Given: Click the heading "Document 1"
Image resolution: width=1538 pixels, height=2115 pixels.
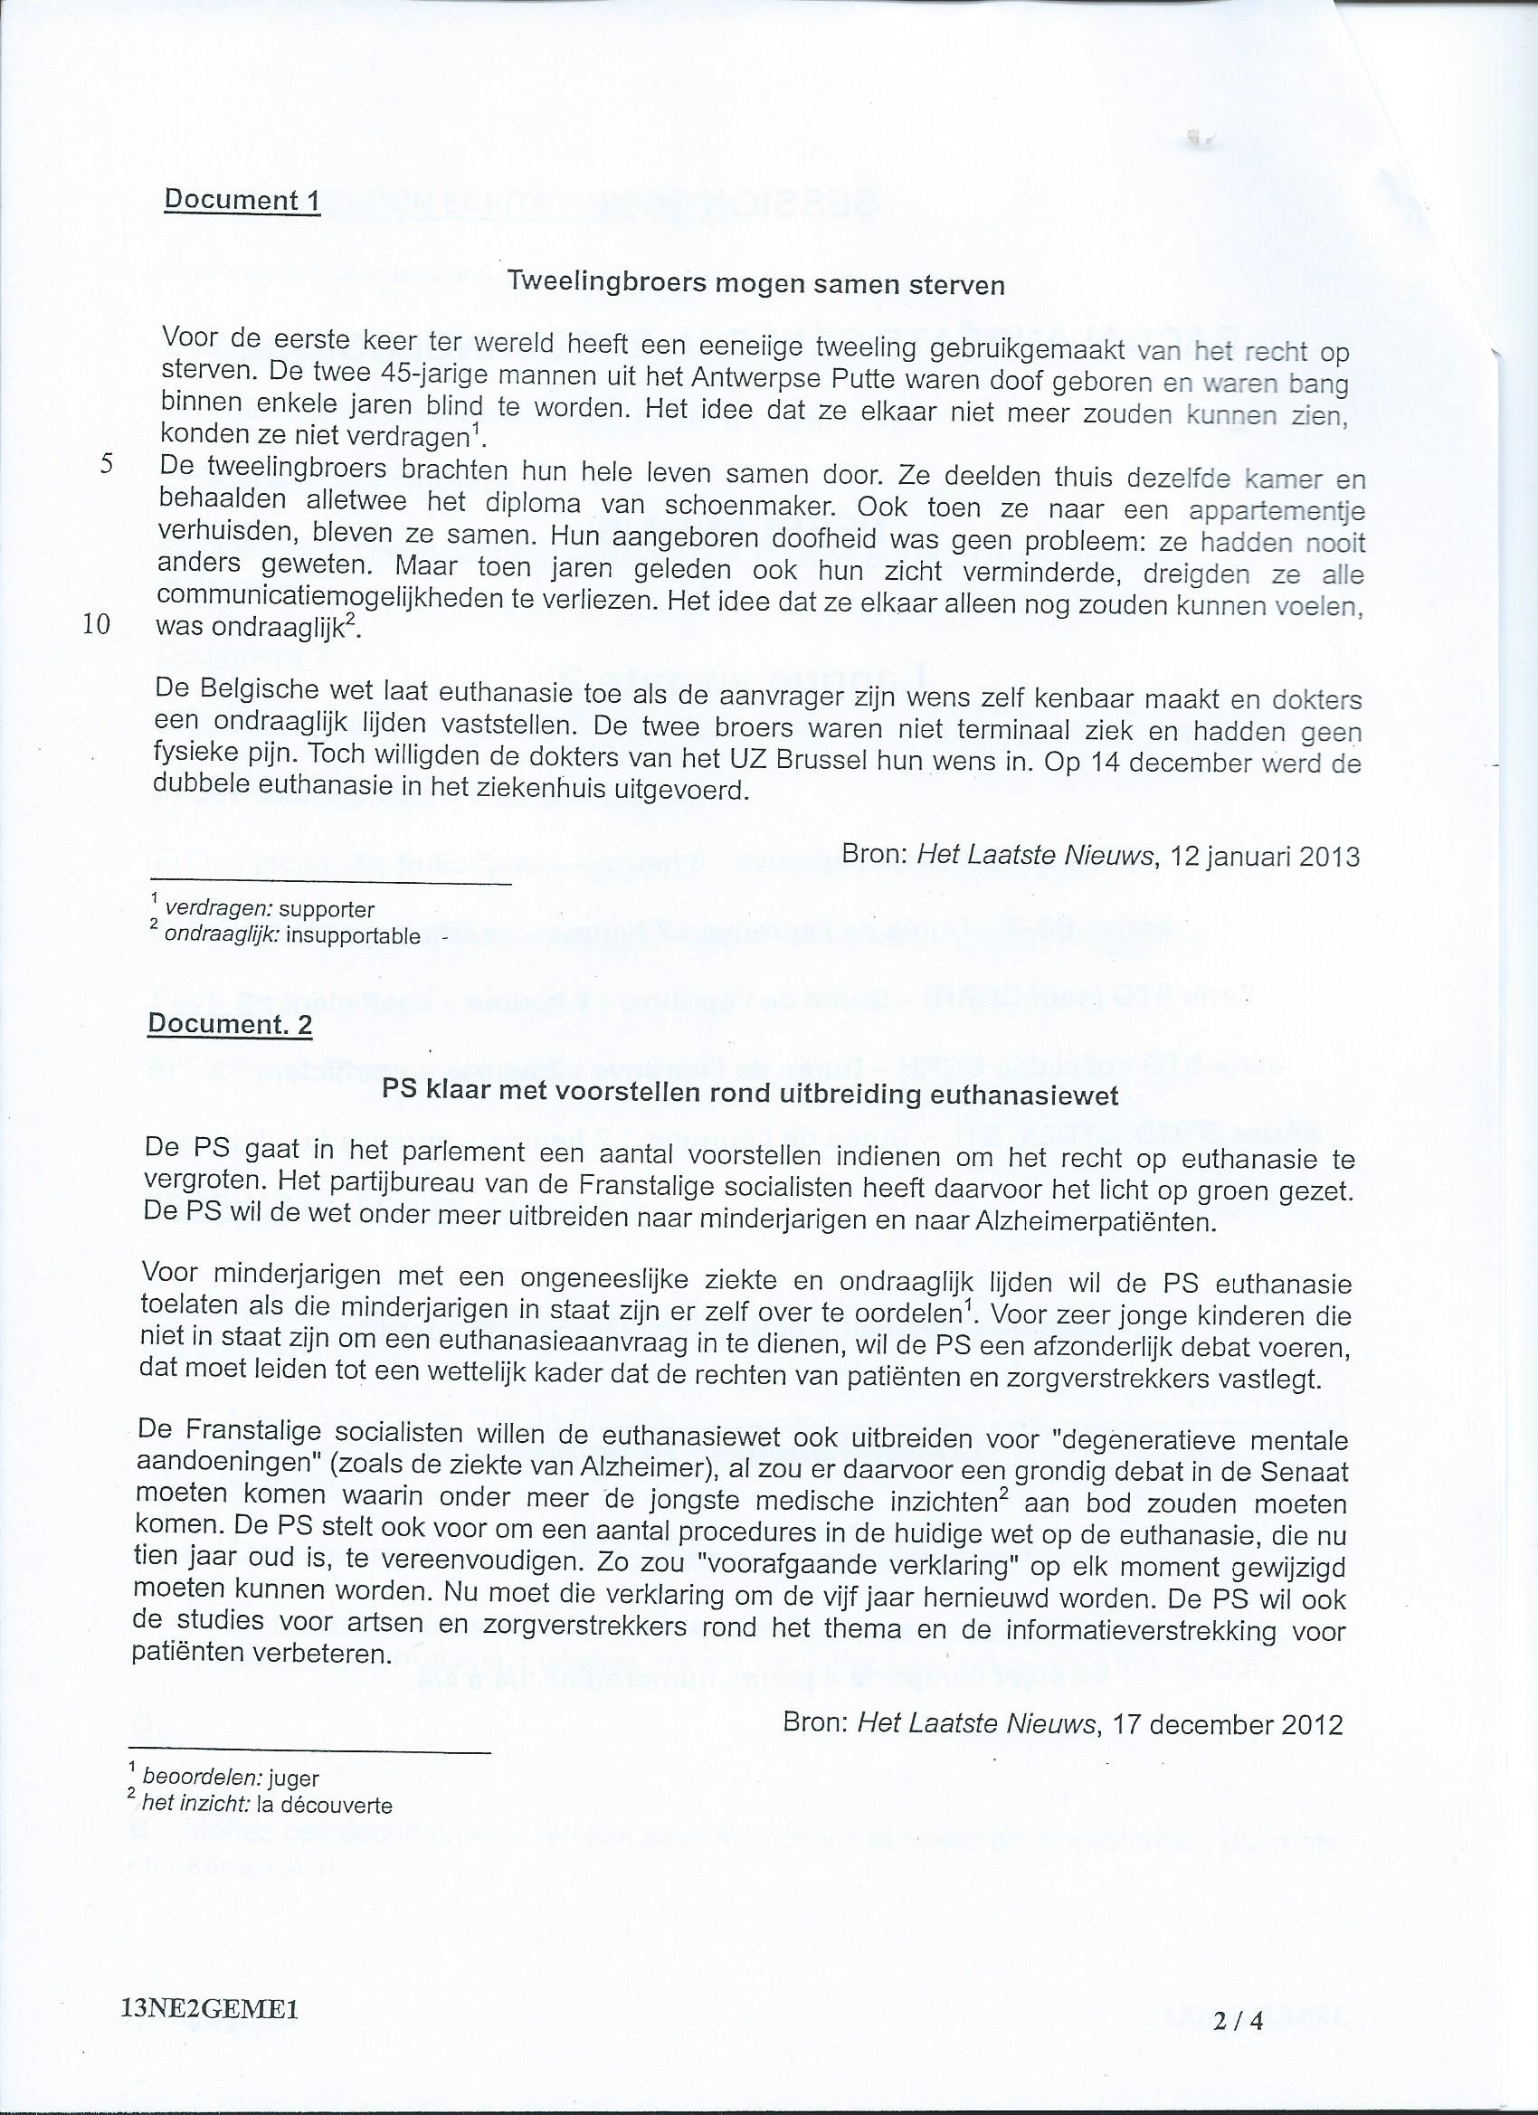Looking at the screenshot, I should (242, 200).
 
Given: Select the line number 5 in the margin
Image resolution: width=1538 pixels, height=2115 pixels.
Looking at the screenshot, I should (107, 465).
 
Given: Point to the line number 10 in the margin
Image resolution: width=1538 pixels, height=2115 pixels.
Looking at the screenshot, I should (97, 624).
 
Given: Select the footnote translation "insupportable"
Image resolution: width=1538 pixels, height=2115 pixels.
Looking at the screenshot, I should (354, 935).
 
